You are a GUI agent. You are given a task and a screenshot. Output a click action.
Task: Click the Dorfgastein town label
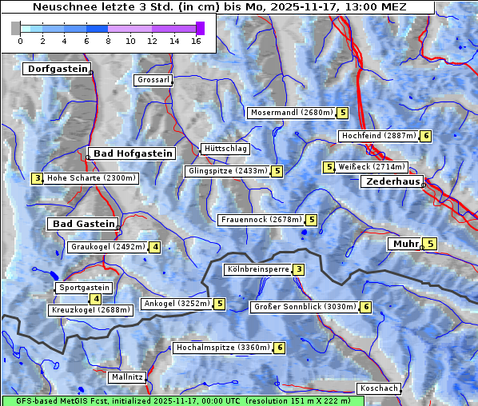(57, 69)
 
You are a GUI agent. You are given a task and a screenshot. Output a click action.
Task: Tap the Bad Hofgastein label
(132, 153)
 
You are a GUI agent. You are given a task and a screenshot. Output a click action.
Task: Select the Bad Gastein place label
(84, 224)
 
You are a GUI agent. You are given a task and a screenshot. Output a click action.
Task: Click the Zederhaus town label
(392, 181)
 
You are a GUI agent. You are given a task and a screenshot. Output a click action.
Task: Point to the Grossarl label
(153, 80)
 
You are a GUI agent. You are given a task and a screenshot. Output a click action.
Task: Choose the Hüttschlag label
(225, 149)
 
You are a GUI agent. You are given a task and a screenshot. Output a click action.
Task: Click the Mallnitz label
(127, 376)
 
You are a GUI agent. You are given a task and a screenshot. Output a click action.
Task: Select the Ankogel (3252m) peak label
(176, 304)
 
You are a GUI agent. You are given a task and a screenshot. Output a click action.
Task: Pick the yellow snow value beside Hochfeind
(426, 136)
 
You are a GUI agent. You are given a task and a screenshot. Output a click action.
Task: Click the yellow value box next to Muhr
(430, 244)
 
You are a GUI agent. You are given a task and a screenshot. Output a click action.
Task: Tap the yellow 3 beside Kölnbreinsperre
(298, 269)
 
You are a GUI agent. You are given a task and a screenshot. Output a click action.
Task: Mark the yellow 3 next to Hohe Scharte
(37, 178)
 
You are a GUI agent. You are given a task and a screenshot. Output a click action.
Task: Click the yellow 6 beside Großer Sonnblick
(366, 307)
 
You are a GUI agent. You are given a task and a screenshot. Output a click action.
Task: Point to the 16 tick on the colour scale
(197, 42)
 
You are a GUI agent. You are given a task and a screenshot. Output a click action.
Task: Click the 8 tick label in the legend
(108, 42)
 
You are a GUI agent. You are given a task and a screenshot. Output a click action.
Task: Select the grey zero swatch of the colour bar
(15, 28)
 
